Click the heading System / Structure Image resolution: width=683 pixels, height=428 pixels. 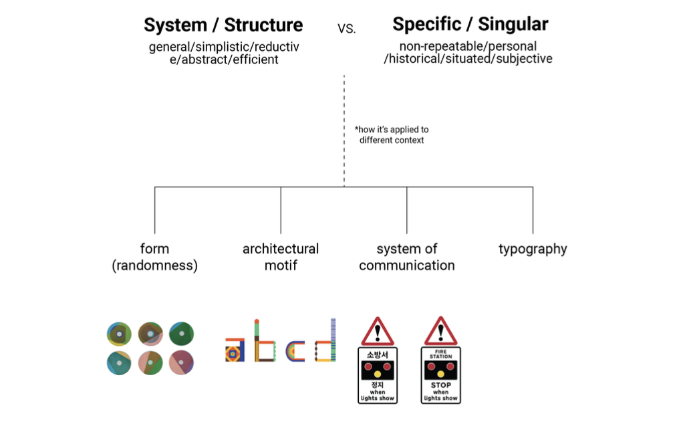coord(223,25)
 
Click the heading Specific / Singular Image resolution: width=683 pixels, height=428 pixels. coord(470,25)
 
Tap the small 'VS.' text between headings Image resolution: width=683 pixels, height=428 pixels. coord(347,29)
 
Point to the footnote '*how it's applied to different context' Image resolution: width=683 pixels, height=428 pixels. coord(391,134)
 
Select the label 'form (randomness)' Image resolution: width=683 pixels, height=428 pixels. coord(154,257)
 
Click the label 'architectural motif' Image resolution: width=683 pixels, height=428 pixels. coord(281,257)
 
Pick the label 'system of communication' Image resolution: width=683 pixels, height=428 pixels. coord(406,257)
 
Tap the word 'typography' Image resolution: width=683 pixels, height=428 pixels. coord(533,249)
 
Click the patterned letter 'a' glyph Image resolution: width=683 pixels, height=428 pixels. coord(235,349)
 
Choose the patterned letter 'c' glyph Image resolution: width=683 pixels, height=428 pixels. coord(295,351)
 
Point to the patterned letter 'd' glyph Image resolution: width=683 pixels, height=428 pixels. coord(325,342)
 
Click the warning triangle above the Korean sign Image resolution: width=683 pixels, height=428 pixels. coord(378,331)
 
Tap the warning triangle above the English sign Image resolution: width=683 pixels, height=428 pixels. coord(440,331)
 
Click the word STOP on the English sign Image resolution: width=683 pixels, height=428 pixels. coord(440,385)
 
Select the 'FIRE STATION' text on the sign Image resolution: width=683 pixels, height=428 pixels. coord(440,354)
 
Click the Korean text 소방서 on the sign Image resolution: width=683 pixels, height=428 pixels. coord(378,354)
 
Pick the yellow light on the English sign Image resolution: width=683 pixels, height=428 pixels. coord(440,373)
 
